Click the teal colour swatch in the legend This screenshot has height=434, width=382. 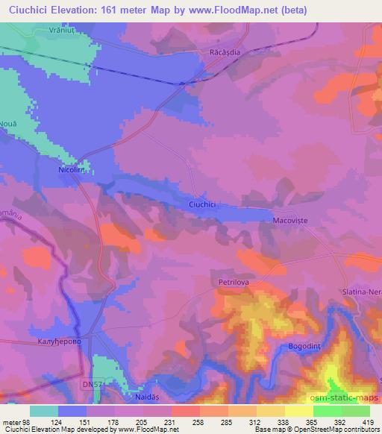click(x=44, y=410)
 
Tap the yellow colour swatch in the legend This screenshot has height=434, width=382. click(x=299, y=410)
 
